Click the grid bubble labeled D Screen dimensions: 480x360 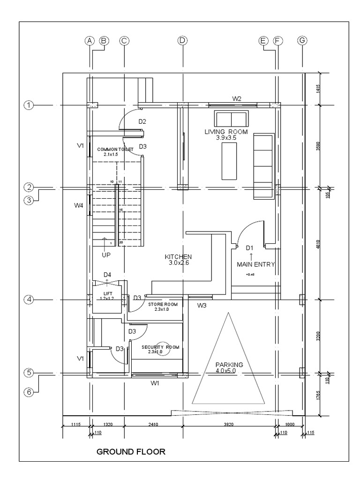coord(182,41)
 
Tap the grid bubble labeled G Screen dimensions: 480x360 coord(302,41)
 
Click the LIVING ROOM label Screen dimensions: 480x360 coord(226,132)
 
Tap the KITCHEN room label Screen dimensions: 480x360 coord(178,257)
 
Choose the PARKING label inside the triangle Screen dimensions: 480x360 coord(229,365)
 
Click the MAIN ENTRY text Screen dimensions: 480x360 coord(255,264)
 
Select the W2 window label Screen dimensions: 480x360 coord(237,98)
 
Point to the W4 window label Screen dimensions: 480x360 coord(79,205)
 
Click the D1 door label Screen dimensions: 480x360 coord(250,247)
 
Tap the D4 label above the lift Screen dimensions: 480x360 coord(107,274)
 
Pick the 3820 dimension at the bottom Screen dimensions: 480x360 coord(228,425)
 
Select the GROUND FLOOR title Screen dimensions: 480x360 coord(131,452)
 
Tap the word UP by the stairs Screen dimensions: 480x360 coord(106,255)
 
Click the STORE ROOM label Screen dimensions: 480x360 coord(163,305)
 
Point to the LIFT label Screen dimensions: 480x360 coord(108,293)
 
